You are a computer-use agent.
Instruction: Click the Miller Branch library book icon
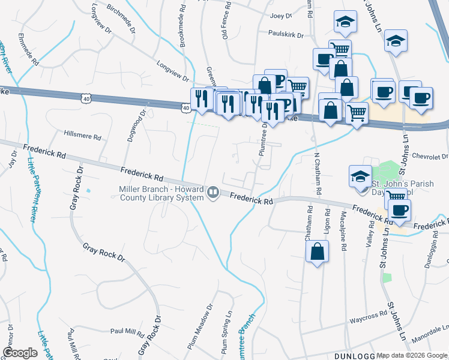[x=212, y=193]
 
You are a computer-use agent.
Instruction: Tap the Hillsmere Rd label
[x=82, y=136]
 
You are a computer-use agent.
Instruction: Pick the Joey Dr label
[x=281, y=16]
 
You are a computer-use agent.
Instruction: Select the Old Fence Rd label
[x=226, y=23]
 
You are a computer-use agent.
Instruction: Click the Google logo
[x=20, y=352]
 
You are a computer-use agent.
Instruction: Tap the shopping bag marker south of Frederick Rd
[x=318, y=253]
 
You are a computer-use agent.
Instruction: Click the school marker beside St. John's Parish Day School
[x=360, y=176]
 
